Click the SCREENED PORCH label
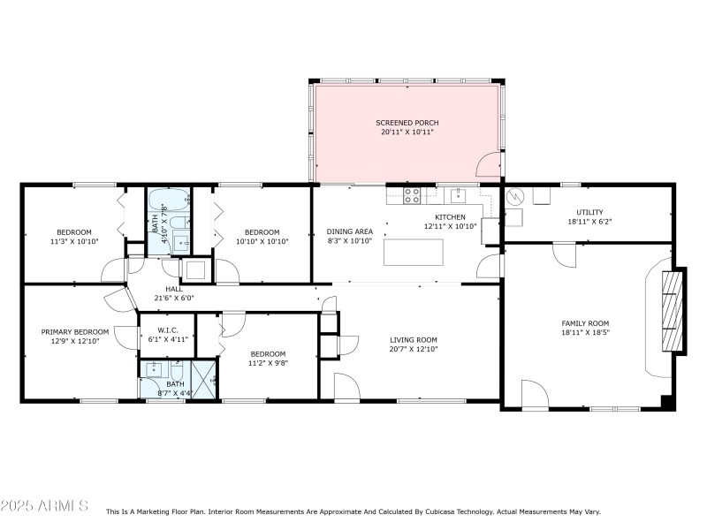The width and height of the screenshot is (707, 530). (x=407, y=123)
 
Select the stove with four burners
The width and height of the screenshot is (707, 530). (x=412, y=195)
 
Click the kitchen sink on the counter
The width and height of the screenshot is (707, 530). (x=458, y=195)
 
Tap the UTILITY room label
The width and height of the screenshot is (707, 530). (x=589, y=212)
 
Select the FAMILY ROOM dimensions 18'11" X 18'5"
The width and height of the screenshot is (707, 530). (x=585, y=333)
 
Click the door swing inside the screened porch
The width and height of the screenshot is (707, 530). (x=487, y=164)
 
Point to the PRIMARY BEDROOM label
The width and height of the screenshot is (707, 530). (x=75, y=332)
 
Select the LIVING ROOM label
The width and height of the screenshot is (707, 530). (x=414, y=340)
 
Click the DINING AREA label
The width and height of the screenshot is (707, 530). (x=350, y=231)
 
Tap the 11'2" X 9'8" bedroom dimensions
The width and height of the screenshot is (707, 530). (x=267, y=362)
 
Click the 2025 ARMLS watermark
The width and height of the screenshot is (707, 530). (x=44, y=506)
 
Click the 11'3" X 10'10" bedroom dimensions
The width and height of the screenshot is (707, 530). (x=74, y=240)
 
